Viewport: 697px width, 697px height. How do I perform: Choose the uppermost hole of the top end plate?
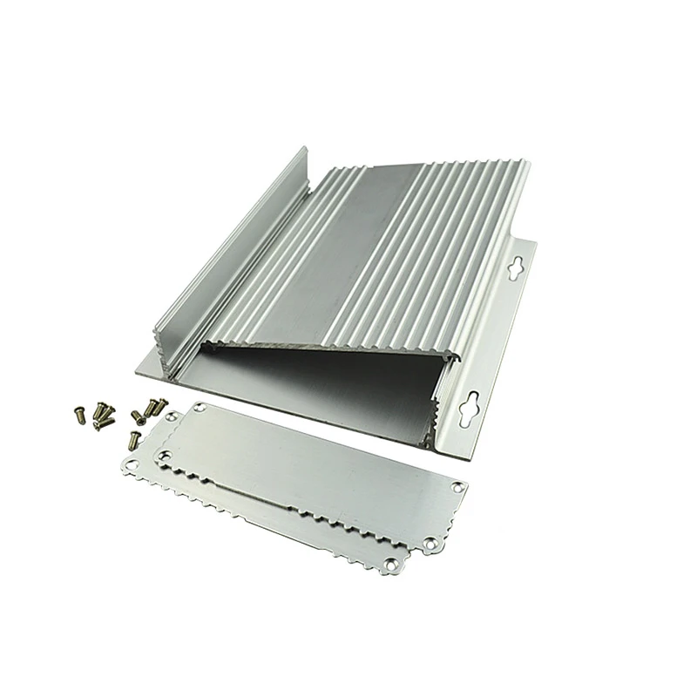pos(201,406)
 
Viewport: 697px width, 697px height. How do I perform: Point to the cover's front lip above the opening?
pos(331,339)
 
